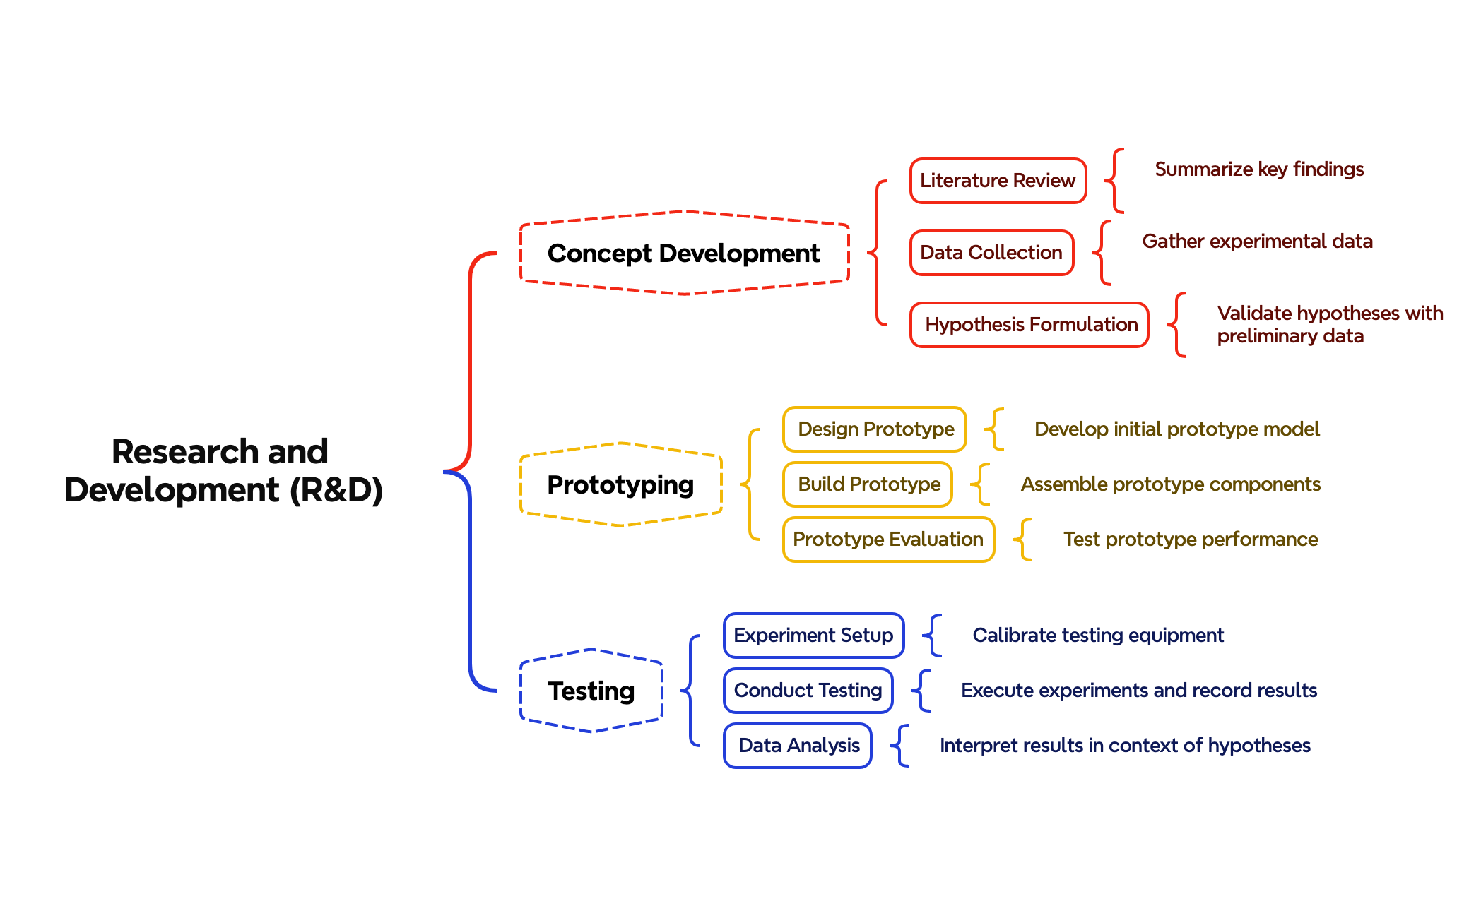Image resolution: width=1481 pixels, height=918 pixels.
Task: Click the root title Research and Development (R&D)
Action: pyautogui.click(x=223, y=470)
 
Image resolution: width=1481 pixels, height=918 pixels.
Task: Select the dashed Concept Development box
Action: pyautogui.click(x=683, y=253)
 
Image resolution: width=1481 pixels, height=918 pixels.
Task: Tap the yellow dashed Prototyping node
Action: pyautogui.click(x=620, y=484)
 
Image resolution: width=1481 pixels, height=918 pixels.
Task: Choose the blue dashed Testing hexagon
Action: pyautogui.click(x=591, y=691)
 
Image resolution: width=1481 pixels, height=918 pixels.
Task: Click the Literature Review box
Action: pyautogui.click(x=997, y=181)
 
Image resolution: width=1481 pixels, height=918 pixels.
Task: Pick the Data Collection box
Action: pyautogui.click(x=991, y=253)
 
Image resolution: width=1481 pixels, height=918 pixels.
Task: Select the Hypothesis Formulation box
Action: pyautogui.click(x=1029, y=325)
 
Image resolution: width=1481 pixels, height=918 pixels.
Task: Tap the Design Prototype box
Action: pyautogui.click(x=875, y=429)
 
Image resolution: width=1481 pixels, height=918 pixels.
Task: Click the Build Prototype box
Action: pyautogui.click(x=868, y=484)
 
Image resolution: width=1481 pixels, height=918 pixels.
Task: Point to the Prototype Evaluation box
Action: pyautogui.click(x=887, y=540)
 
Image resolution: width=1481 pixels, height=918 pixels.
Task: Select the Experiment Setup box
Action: pyautogui.click(x=813, y=636)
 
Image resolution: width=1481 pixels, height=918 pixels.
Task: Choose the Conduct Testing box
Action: pyautogui.click(x=808, y=691)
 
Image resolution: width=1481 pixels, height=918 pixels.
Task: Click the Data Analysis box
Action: pyautogui.click(x=798, y=746)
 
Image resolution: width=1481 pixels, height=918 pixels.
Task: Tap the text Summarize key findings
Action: pyautogui.click(x=1258, y=169)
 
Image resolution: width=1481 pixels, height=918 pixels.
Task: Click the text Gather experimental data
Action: pyautogui.click(x=1257, y=242)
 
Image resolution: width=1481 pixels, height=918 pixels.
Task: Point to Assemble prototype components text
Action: pyautogui.click(x=1170, y=484)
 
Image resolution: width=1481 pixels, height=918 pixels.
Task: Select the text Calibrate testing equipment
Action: pyautogui.click(x=1098, y=636)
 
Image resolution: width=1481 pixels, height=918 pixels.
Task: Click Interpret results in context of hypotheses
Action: pyautogui.click(x=1125, y=746)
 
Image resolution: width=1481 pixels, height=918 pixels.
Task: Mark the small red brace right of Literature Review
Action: pyautogui.click(x=1114, y=181)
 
